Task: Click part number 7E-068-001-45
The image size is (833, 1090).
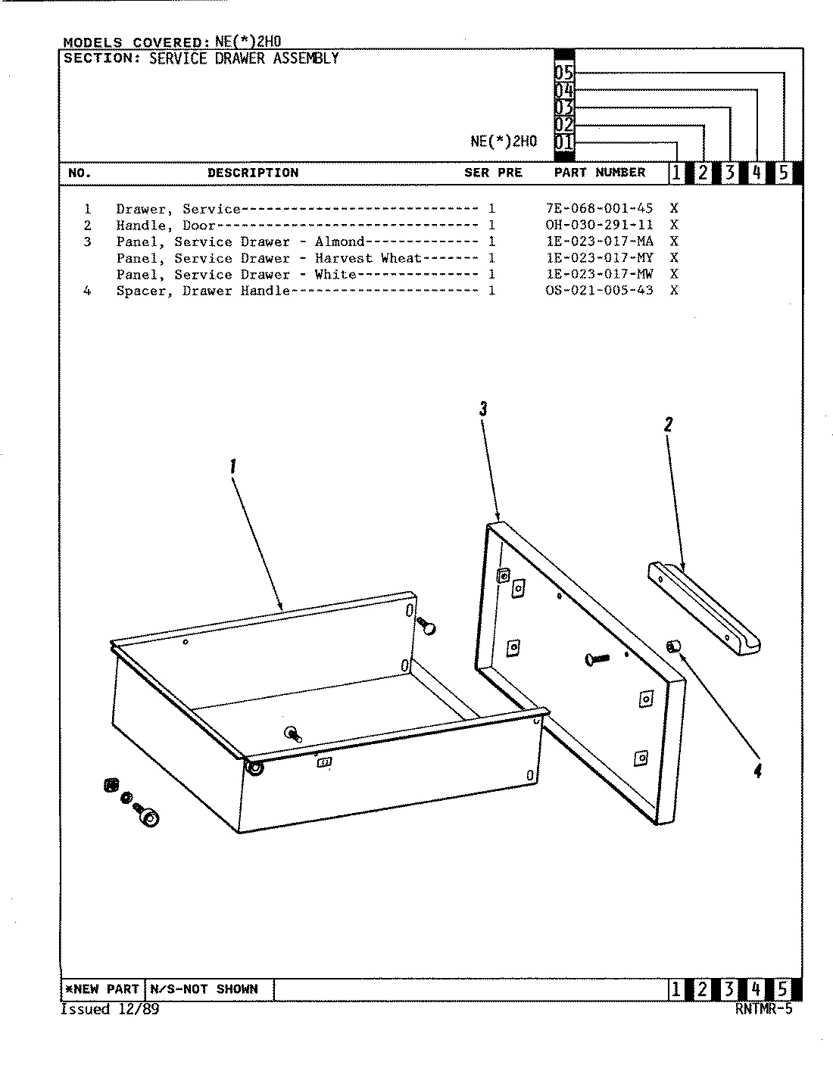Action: click(x=598, y=209)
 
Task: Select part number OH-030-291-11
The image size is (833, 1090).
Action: click(x=598, y=226)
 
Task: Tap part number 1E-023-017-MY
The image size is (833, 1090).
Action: click(x=598, y=258)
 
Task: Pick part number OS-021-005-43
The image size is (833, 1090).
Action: click(x=598, y=291)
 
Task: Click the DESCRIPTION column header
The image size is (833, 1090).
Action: click(x=253, y=173)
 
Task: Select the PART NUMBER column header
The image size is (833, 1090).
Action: click(x=599, y=173)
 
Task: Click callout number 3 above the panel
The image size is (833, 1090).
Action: click(x=482, y=410)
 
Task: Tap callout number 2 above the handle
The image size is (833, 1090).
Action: click(x=668, y=425)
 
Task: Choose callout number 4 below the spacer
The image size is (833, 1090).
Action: click(x=757, y=771)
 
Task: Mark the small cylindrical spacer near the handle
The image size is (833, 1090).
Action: click(x=672, y=645)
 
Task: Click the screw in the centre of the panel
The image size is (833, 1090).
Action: click(x=597, y=659)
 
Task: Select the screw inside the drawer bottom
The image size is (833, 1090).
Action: click(x=292, y=733)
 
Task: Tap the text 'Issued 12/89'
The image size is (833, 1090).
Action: click(x=110, y=1010)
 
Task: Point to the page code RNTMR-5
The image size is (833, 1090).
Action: click(x=763, y=1009)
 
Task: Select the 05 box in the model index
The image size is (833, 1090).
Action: click(x=564, y=73)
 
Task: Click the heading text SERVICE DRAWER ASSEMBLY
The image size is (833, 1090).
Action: click(x=243, y=59)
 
